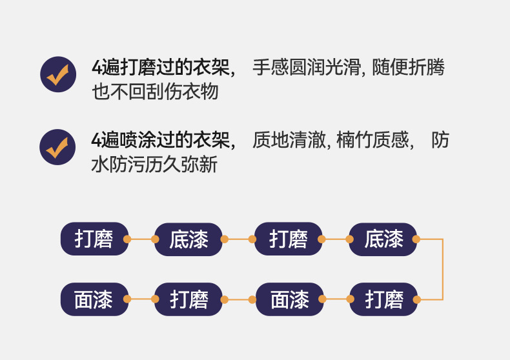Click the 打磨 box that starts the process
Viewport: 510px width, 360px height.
[94, 239]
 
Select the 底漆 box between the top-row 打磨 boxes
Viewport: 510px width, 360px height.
[189, 239]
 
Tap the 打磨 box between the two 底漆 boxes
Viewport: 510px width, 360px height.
[289, 239]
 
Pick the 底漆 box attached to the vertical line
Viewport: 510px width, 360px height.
[383, 239]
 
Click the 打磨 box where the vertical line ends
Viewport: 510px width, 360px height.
[383, 299]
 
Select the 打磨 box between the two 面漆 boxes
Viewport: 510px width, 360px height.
[189, 299]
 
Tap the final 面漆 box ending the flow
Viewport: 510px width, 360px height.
[94, 299]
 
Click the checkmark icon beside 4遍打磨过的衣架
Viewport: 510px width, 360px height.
[58, 74]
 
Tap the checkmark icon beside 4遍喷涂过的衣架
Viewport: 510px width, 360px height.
[58, 146]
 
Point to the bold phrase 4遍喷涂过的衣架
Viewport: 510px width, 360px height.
[161, 139]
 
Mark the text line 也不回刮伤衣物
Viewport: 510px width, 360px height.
[155, 92]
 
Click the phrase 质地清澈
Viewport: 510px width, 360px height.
[291, 139]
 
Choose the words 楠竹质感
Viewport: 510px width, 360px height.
[372, 139]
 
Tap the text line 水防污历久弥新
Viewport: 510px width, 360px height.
[155, 165]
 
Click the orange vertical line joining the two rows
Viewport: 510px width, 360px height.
[443, 270]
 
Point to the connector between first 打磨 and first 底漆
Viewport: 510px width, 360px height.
[141, 239]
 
